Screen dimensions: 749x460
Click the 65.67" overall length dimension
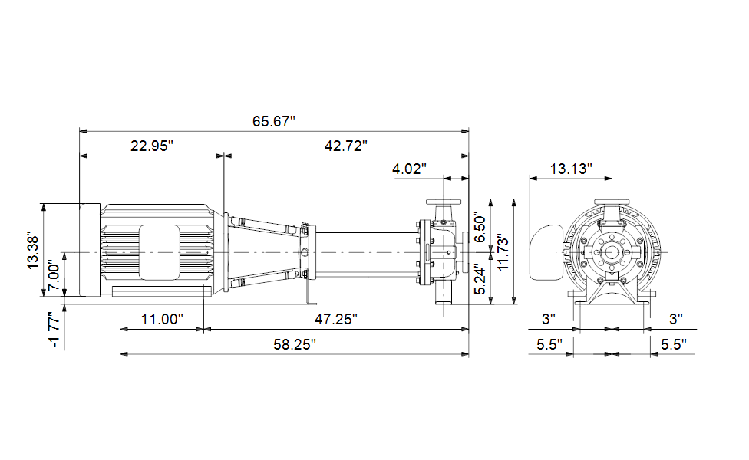point(274,121)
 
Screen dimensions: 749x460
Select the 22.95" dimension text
point(152,146)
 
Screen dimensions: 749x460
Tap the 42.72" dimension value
point(346,146)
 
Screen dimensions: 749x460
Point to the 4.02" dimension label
point(409,169)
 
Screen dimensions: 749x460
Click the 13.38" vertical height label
point(33,251)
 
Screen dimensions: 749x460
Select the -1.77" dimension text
point(54,329)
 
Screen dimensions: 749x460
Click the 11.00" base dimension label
point(162,319)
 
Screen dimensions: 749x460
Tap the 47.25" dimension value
point(336,319)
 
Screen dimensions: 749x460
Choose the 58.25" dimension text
point(295,344)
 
